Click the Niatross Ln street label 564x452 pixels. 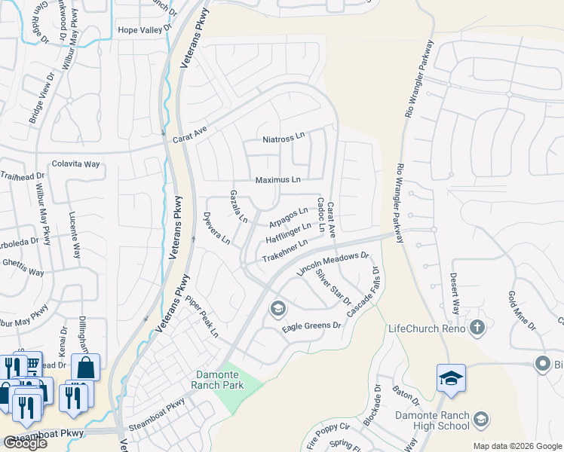coord(283,139)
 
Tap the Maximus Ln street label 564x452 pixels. coord(277,180)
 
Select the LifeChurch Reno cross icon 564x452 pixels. coord(477,328)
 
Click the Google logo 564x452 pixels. coord(24,443)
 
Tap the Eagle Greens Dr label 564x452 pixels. coord(311,326)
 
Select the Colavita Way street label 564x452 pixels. coord(75,163)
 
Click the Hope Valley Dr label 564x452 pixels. coord(146,30)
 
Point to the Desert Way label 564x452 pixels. coord(455,295)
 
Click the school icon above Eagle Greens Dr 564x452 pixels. coord(277,307)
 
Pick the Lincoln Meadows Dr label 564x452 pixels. coord(333,263)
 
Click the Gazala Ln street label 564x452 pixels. coord(238,206)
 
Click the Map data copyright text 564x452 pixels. coord(516,446)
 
